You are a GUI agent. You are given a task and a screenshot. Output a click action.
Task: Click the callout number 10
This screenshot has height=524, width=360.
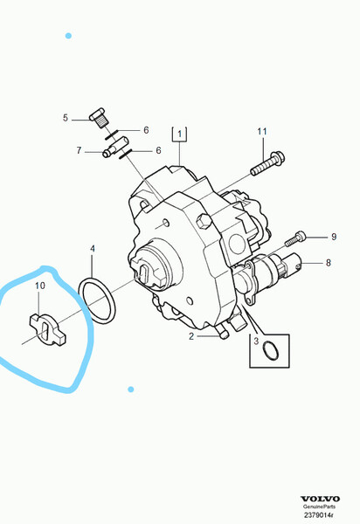coord(40,286)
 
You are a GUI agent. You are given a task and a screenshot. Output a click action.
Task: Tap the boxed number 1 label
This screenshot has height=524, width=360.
coord(179,134)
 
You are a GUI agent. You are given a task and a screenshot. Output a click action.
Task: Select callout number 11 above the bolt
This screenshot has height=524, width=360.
coord(262,132)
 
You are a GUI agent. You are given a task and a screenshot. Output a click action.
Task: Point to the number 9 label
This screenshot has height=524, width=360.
coord(334,237)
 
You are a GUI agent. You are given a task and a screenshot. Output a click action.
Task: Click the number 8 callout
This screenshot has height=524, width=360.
coord(329,263)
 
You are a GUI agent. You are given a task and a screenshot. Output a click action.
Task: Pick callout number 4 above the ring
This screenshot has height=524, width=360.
coord(93,249)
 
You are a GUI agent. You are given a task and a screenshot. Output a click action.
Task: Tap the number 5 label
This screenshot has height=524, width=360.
coord(66,118)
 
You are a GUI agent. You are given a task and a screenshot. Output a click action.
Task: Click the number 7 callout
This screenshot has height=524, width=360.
coord(79,150)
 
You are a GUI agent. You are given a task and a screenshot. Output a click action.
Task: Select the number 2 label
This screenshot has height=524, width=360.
coord(191,336)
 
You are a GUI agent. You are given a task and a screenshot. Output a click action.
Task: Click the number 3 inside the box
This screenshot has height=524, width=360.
coord(256,341)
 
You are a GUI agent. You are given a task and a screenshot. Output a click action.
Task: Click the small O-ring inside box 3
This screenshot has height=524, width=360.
coord(270,350)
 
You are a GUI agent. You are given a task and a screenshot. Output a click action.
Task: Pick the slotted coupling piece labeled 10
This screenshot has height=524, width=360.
coord(47,329)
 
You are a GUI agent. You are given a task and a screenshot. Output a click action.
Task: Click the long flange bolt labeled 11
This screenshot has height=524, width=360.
coord(267,163)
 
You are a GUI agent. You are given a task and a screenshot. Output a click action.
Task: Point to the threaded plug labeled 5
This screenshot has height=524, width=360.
coord(98,118)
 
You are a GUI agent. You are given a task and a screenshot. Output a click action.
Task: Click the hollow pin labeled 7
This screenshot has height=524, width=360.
coord(115,147)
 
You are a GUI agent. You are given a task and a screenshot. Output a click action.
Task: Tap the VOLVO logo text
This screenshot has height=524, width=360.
coord(320,499)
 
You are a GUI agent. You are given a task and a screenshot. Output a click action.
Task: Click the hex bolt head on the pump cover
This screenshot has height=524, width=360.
coord(204,222)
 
